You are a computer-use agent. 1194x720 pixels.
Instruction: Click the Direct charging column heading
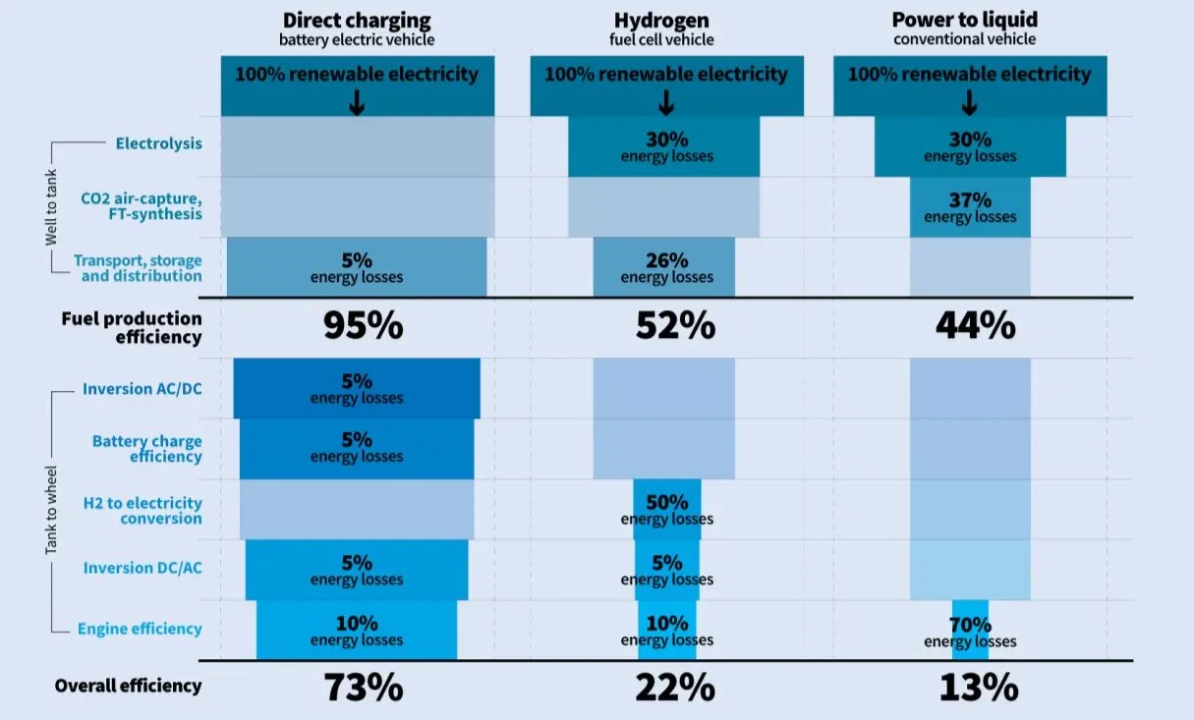[x=357, y=21]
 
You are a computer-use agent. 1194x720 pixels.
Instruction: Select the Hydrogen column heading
[x=666, y=21]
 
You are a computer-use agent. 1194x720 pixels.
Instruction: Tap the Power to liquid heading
[x=965, y=21]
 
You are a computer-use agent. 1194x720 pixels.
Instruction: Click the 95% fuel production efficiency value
[x=363, y=326]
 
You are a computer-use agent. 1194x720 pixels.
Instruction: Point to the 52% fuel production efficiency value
[x=675, y=326]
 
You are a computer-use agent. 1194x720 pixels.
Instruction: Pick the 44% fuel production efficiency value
[x=976, y=326]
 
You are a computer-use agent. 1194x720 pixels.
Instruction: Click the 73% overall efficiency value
[x=363, y=688]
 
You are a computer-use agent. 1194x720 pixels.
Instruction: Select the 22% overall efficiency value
[x=675, y=688]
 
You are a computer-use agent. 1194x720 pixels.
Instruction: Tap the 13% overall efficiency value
[x=978, y=688]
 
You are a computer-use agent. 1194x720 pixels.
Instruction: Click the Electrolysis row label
[x=158, y=143]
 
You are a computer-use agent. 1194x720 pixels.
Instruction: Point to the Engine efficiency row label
[x=140, y=630]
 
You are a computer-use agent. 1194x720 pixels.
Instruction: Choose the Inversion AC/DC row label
[x=142, y=389]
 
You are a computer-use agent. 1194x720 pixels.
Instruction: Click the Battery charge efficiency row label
[x=146, y=449]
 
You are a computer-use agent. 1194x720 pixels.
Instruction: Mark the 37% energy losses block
[x=970, y=207]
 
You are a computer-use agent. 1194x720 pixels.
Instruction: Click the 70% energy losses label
[x=970, y=632]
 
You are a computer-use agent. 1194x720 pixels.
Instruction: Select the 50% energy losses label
[x=667, y=509]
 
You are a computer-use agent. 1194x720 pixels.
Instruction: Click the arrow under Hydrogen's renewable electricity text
[x=666, y=102]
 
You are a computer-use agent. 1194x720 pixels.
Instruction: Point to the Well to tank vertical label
[x=51, y=207]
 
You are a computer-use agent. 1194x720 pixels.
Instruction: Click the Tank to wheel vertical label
[x=51, y=510]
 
